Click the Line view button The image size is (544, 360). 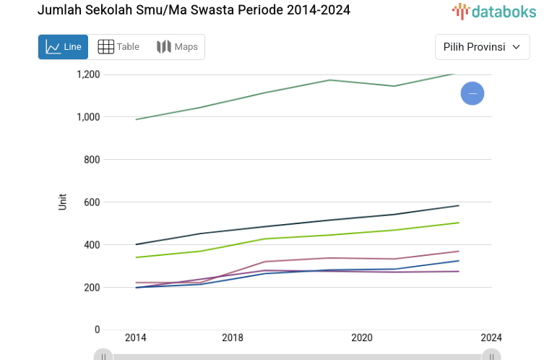(63, 47)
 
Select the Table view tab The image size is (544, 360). (118, 47)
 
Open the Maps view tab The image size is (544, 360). (177, 47)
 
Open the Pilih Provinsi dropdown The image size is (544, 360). (482, 47)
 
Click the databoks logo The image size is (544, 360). (494, 11)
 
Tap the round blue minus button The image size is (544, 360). (472, 93)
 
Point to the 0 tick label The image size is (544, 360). (97, 330)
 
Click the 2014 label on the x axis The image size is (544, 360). (135, 338)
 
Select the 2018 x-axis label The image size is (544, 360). (232, 338)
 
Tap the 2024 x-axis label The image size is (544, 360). (491, 338)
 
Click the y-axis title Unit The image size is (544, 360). (63, 202)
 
